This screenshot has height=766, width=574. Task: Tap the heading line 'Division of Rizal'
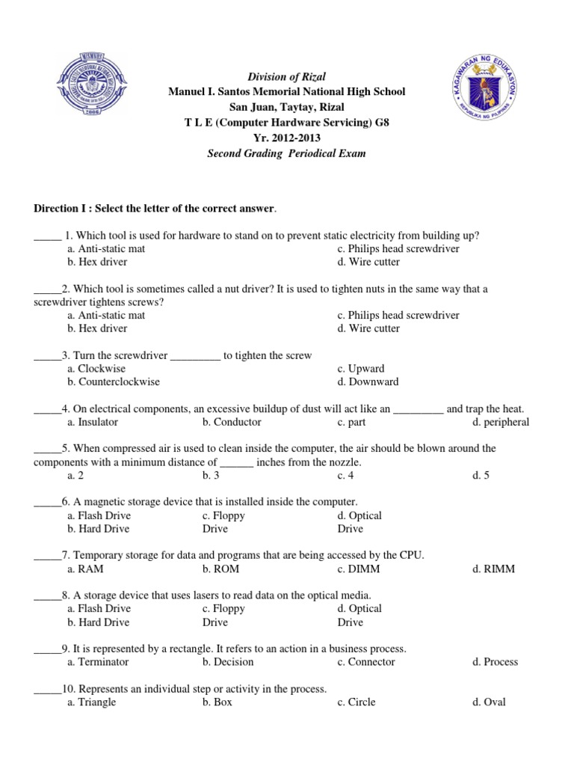tap(287, 77)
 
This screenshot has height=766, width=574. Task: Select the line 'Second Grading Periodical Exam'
tap(287, 153)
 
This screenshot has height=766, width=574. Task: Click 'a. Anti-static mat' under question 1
tap(106, 248)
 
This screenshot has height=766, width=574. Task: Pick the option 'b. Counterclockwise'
tap(114, 382)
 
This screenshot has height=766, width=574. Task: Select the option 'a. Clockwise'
tap(96, 369)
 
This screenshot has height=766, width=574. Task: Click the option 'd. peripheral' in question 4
tap(501, 422)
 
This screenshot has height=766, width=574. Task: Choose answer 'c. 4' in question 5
tap(345, 475)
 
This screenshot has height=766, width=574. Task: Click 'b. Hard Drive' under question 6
tap(98, 529)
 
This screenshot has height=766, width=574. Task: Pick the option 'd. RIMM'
tap(493, 569)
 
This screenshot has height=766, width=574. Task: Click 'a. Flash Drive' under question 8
tap(99, 609)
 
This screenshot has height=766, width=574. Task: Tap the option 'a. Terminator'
tap(98, 662)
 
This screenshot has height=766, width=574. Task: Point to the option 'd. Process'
tap(495, 662)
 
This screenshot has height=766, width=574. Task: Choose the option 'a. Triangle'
tap(91, 702)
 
